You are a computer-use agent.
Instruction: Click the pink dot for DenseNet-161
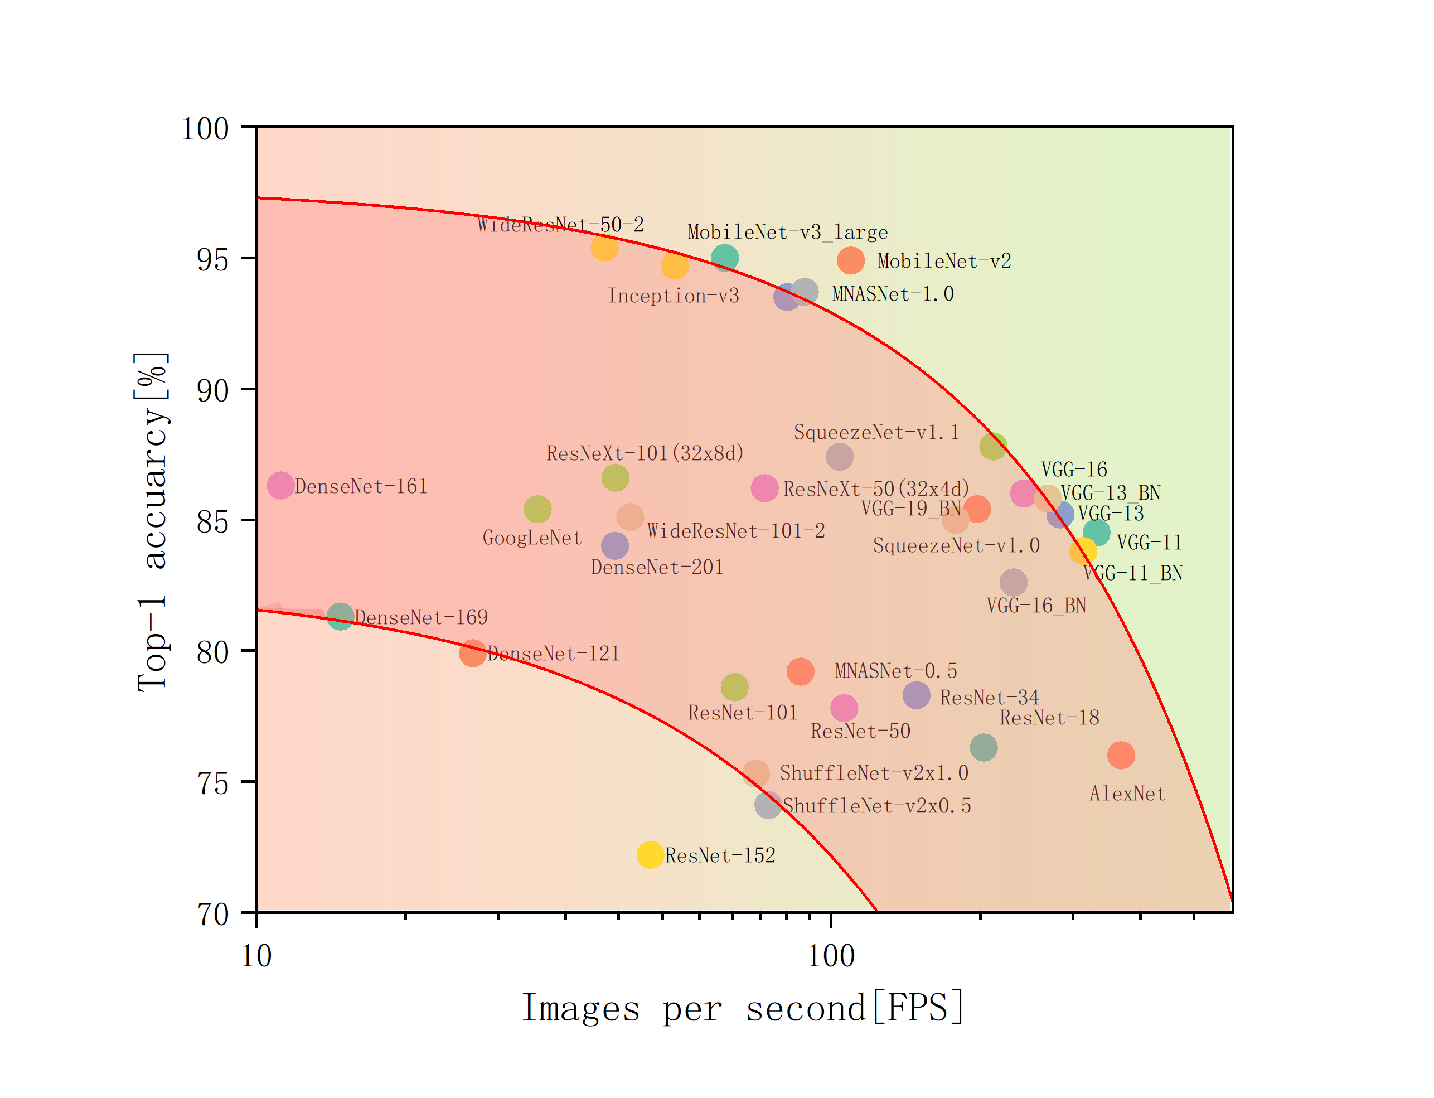[280, 486]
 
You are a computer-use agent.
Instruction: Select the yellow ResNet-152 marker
[650, 855]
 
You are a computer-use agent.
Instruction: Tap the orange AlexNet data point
[1121, 756]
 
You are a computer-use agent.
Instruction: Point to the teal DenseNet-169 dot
[340, 616]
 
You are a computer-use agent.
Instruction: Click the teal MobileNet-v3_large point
[724, 258]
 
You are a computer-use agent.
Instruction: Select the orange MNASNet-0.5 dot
[800, 671]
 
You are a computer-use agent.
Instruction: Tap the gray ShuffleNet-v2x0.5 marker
[768, 805]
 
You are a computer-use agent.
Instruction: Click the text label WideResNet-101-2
[735, 531]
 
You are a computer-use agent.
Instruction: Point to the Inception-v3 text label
[674, 296]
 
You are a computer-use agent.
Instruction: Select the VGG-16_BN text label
[1036, 606]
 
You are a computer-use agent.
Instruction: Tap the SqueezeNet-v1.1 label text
[876, 432]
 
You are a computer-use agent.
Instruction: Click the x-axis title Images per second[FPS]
[743, 1008]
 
